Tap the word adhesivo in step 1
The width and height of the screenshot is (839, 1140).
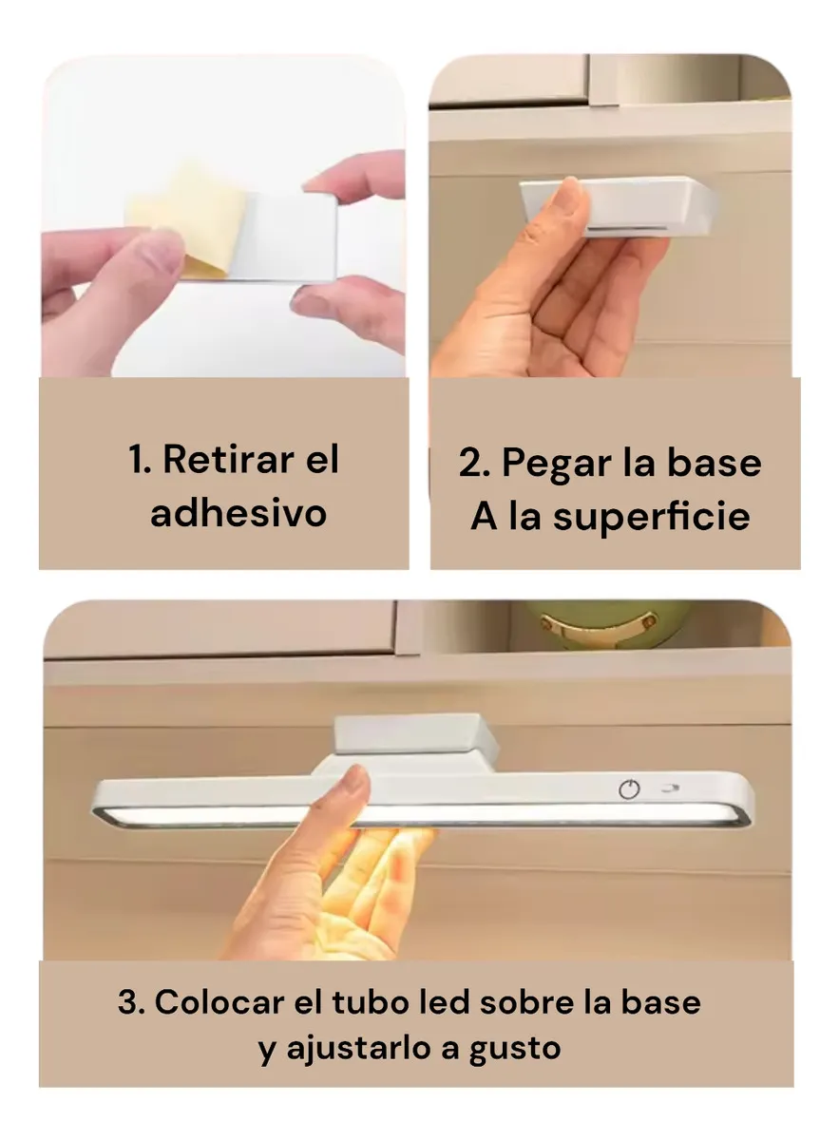pyautogui.click(x=238, y=513)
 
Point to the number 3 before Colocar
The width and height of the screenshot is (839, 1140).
pyautogui.click(x=128, y=1002)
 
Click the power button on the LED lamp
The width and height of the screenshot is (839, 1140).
pyautogui.click(x=629, y=788)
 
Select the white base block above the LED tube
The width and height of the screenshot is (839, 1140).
pyautogui.click(x=415, y=741)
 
